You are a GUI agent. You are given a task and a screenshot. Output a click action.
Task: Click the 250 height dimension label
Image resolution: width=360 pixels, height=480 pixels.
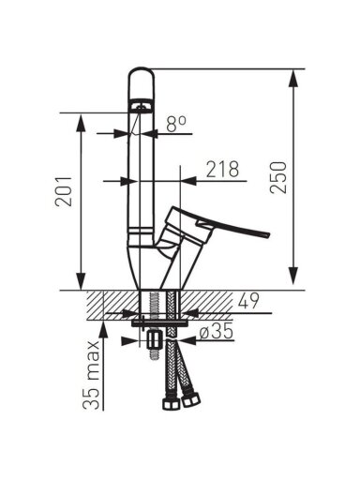click(278, 177)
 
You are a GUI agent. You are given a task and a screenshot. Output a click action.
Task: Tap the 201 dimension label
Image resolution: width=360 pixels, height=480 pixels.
click(64, 191)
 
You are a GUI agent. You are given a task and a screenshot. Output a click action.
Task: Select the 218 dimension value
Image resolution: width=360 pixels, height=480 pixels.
click(223, 169)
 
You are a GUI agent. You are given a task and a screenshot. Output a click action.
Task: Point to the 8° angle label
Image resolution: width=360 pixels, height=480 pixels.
click(176, 124)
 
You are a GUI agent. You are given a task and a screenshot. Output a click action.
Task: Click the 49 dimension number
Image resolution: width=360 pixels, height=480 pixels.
click(248, 302)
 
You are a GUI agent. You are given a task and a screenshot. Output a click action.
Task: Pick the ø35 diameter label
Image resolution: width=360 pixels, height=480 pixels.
click(217, 331)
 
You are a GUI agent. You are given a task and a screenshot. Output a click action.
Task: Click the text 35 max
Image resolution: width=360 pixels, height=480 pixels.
click(91, 375)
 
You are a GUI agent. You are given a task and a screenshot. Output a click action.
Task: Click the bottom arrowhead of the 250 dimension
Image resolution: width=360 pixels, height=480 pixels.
click(292, 276)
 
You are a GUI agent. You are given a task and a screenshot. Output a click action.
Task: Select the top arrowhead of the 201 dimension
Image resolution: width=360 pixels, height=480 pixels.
click(81, 124)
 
